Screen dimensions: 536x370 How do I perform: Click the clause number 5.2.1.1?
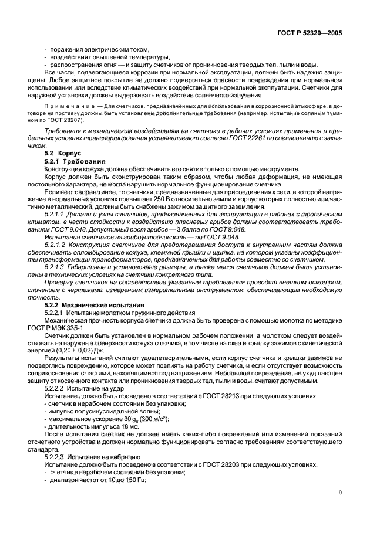[x=56, y=216]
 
